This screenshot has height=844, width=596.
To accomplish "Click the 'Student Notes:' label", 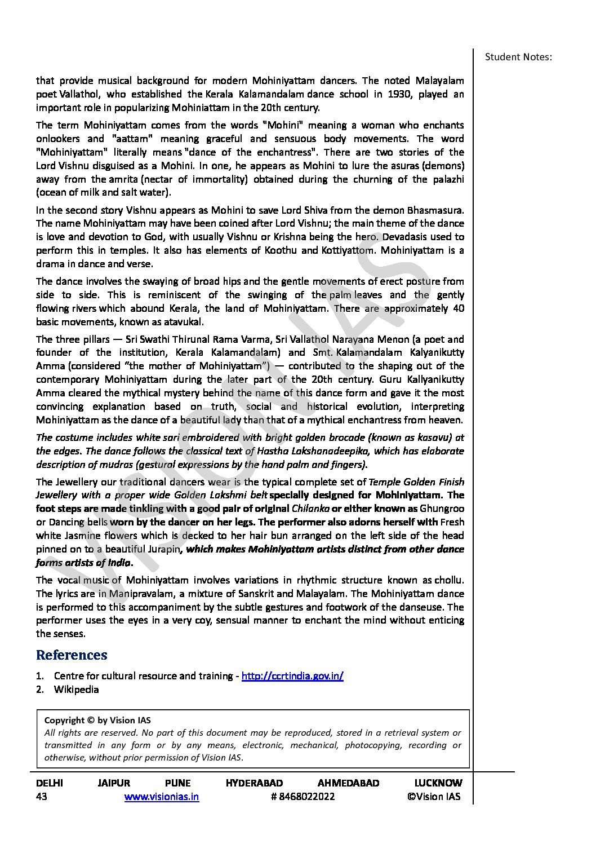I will (x=518, y=57).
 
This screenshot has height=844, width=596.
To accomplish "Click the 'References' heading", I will (x=72, y=655).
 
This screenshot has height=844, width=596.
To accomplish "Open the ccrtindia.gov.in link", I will (x=292, y=676).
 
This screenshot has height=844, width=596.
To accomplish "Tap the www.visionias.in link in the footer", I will (x=161, y=797).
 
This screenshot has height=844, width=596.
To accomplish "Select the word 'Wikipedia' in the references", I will (x=76, y=690).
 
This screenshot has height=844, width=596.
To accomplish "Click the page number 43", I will (x=42, y=797).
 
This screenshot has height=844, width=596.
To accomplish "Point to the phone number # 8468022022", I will (x=303, y=797).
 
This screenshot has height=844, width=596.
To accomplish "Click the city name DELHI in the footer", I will (x=50, y=783).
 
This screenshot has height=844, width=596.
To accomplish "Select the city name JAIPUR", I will (x=113, y=783).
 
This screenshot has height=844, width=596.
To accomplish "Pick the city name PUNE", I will (x=177, y=783).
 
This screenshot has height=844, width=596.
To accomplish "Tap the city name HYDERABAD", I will (x=254, y=783).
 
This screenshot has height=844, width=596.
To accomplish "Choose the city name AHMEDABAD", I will (x=348, y=783).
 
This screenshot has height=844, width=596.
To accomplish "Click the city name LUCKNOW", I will (x=438, y=783).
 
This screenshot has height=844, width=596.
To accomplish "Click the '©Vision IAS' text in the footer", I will (x=433, y=797).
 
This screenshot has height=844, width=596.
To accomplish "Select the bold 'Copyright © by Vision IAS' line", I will (x=97, y=721).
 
